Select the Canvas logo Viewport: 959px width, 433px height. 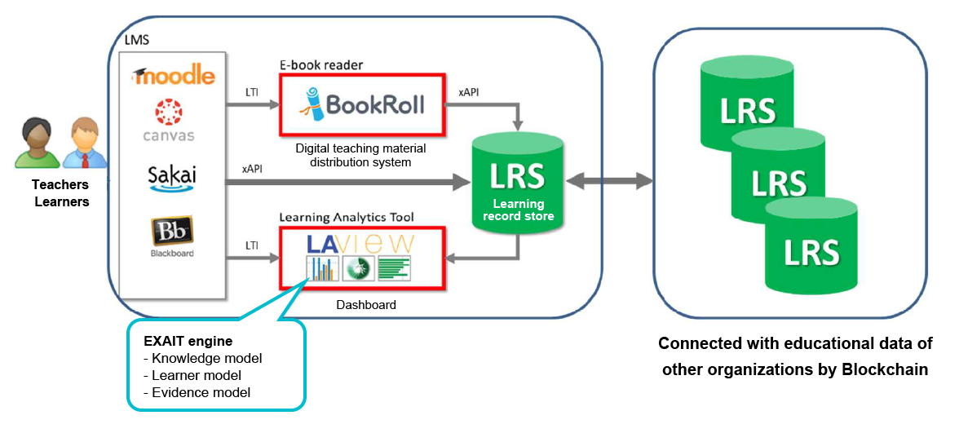(170, 121)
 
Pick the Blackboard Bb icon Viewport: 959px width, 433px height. (172, 232)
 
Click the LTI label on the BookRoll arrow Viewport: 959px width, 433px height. (253, 92)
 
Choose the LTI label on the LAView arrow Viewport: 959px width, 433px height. (253, 245)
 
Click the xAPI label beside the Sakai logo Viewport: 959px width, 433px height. (253, 168)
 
